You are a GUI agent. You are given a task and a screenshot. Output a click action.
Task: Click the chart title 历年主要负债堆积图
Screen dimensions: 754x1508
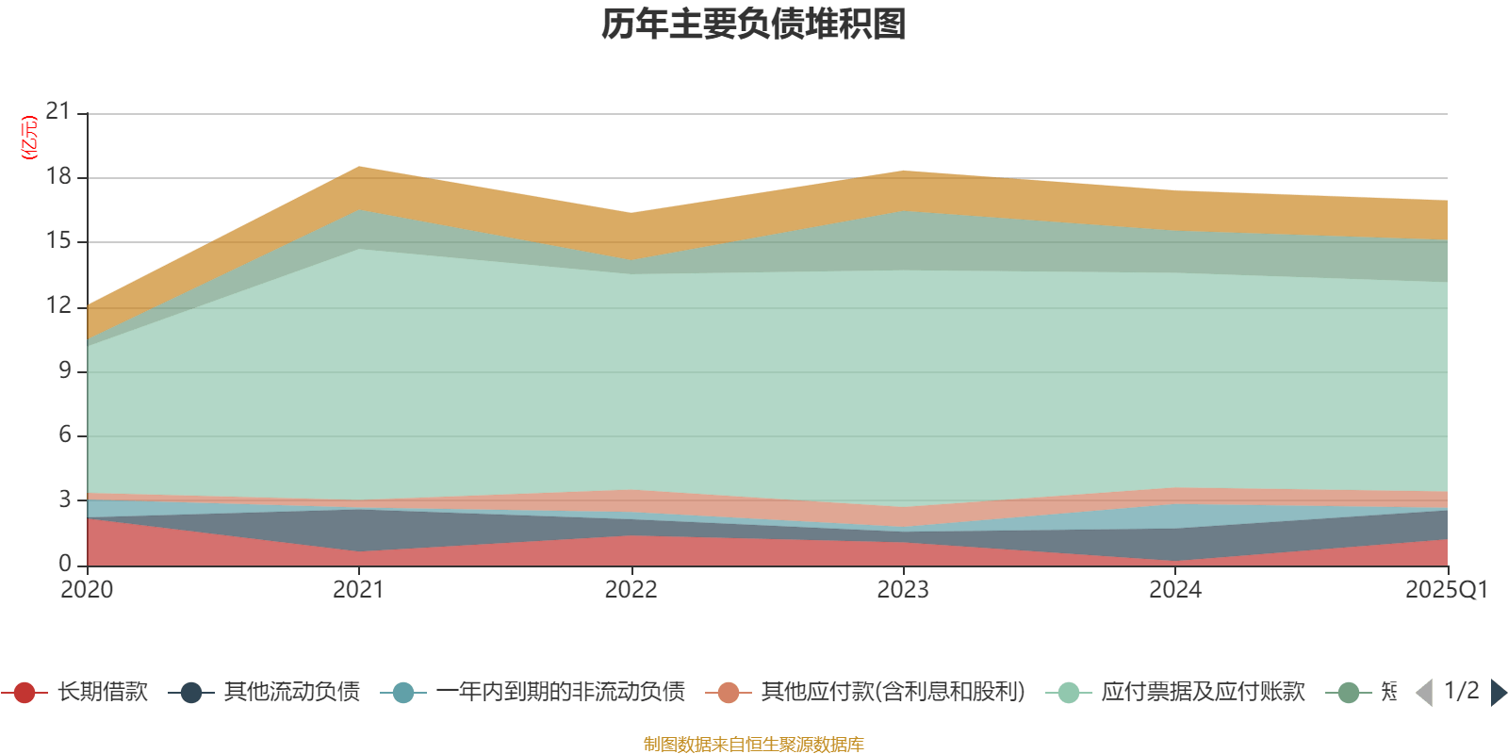(754, 25)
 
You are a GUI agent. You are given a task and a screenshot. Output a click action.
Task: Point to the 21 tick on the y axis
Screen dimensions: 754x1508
(58, 111)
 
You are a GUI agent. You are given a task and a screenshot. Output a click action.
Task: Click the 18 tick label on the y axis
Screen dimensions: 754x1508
(58, 176)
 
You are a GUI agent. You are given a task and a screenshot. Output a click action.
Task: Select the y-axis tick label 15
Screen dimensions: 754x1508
(58, 240)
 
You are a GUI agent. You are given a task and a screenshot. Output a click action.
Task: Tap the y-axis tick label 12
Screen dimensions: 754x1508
(58, 305)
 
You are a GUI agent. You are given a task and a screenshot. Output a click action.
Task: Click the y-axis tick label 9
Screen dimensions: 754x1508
(65, 370)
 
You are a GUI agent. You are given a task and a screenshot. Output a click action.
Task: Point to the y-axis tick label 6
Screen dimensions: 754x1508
(65, 434)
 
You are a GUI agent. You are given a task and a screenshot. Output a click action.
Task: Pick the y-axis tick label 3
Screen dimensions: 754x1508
(65, 499)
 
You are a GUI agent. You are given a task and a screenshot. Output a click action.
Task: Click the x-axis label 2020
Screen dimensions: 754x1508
(87, 590)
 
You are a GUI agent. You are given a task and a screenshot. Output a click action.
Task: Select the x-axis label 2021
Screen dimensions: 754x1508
(359, 590)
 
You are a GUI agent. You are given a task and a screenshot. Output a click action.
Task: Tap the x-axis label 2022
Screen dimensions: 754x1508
(631, 590)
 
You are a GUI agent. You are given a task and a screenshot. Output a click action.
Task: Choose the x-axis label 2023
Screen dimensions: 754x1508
(903, 590)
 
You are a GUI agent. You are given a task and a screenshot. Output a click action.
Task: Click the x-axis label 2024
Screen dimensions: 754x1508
(1175, 590)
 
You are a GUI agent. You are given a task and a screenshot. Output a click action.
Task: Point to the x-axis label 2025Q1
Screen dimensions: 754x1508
(1446, 590)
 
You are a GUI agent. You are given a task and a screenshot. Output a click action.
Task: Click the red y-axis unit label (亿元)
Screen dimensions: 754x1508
(29, 138)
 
